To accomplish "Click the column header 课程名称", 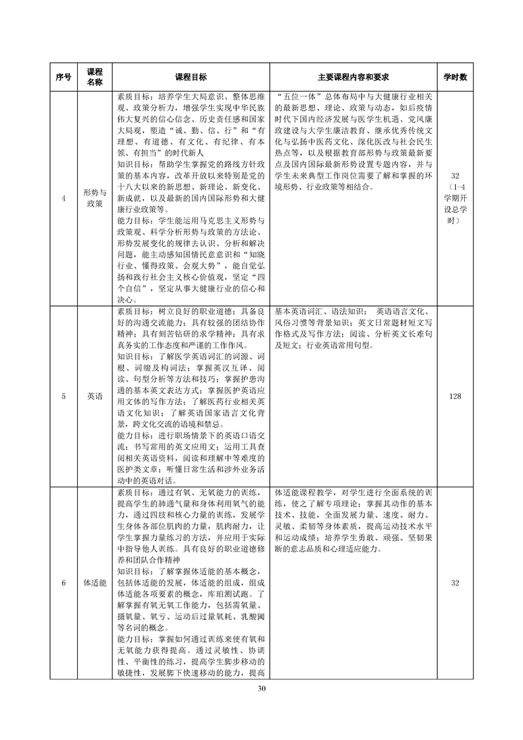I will click(94, 77).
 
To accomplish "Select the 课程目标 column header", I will click(191, 77).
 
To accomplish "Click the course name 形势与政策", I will click(94, 198).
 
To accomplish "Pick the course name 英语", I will click(94, 396).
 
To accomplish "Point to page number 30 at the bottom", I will click(261, 689).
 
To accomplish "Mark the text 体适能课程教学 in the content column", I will click(304, 492).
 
